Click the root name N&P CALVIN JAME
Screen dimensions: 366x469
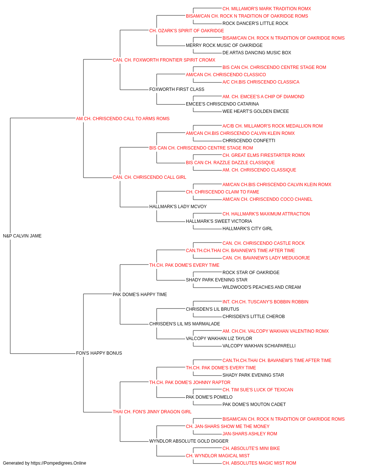click(x=22, y=236)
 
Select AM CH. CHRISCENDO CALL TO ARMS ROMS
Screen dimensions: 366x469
click(x=123, y=119)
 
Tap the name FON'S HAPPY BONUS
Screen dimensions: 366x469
click(x=99, y=353)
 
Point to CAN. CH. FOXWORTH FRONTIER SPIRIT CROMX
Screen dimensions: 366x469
click(x=164, y=60)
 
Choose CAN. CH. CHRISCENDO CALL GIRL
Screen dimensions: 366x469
click(x=149, y=177)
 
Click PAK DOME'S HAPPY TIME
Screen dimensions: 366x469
click(x=140, y=295)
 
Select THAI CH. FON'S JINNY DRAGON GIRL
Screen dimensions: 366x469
click(x=152, y=412)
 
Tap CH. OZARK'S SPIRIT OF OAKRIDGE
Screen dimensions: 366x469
click(x=186, y=31)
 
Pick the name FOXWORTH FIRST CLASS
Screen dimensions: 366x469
click(x=177, y=89)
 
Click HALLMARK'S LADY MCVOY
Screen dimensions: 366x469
click(x=178, y=207)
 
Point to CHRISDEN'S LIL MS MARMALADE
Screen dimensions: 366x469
click(x=184, y=324)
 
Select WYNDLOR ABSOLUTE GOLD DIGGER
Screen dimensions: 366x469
click(x=188, y=441)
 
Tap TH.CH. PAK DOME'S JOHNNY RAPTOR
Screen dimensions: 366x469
click(x=190, y=383)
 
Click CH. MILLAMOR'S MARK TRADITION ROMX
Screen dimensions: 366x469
click(x=267, y=9)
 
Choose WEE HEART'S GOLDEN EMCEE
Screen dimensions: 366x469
click(x=255, y=111)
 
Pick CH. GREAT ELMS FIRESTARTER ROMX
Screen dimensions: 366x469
click(x=264, y=155)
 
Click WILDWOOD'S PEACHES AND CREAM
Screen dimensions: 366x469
click(x=261, y=287)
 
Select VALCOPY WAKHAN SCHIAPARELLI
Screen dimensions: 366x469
click(x=259, y=346)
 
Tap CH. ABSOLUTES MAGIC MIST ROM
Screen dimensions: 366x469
click(x=259, y=463)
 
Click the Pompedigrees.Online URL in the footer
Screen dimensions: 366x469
click(x=58, y=463)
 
